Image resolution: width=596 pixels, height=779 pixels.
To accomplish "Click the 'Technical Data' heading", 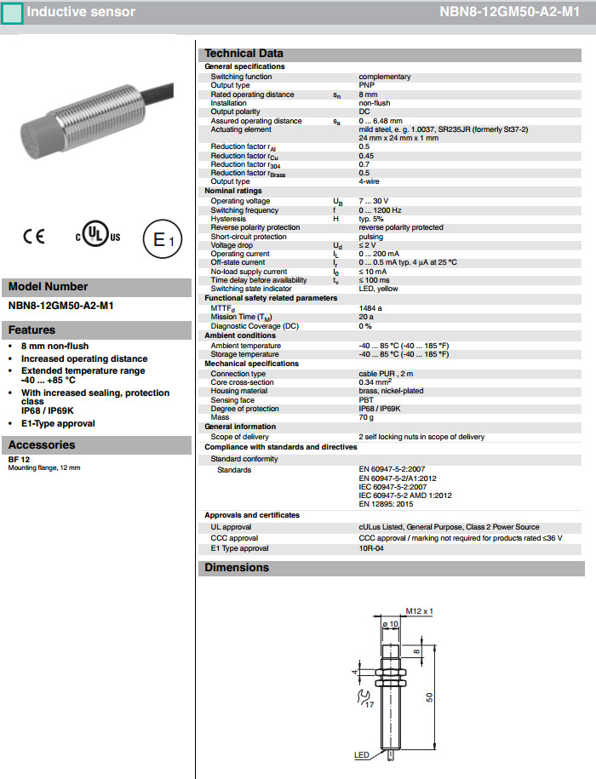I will click(x=244, y=53).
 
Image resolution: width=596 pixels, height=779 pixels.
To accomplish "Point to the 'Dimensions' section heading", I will click(x=237, y=568).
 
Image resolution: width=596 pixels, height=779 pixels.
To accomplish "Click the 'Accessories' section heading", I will click(x=42, y=444).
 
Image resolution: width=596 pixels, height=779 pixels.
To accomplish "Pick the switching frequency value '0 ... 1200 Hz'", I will click(x=380, y=210).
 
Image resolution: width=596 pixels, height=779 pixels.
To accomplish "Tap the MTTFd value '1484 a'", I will click(x=370, y=307).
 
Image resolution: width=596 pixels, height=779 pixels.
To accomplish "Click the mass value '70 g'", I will click(x=366, y=417).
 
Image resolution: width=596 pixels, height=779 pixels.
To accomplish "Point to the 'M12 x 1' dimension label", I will click(x=419, y=611).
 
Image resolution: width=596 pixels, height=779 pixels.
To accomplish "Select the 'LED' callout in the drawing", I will click(x=362, y=755).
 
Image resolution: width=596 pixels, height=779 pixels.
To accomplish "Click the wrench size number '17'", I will click(x=368, y=705).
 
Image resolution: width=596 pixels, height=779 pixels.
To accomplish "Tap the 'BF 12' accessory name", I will click(x=19, y=460).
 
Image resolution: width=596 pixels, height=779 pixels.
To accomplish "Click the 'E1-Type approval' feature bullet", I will click(x=58, y=423).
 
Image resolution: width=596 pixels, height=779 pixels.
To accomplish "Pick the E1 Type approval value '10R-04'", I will click(x=371, y=548).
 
